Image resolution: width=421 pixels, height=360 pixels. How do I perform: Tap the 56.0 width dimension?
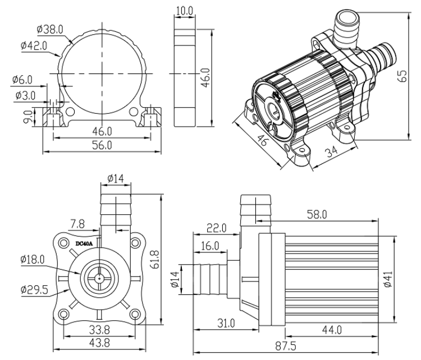(102, 145)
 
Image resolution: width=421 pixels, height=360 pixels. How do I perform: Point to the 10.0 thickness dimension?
(184, 11)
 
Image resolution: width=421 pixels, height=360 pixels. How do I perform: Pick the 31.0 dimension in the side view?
(219, 324)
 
